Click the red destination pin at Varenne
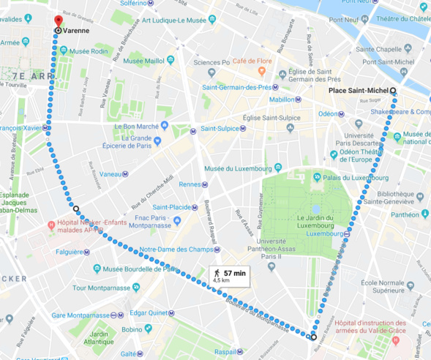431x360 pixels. [x=58, y=21]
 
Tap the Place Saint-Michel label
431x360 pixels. [x=358, y=91]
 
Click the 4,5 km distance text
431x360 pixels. [x=222, y=280]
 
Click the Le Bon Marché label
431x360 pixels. [x=136, y=126]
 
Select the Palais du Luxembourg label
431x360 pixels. [x=356, y=176]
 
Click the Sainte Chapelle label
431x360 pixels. [x=378, y=49]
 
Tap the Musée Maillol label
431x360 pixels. [x=142, y=60]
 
